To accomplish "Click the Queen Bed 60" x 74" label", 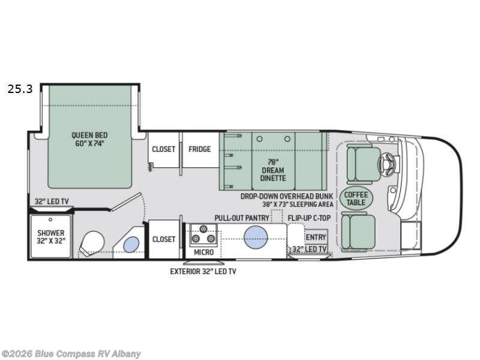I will (x=89, y=139).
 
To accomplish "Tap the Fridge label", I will (x=200, y=149).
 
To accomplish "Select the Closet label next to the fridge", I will (x=163, y=149).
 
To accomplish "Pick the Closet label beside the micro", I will (x=163, y=239).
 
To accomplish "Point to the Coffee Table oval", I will (x=356, y=198).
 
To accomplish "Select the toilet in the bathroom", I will (x=93, y=243).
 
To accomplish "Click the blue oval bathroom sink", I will (x=131, y=244).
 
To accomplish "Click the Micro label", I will (x=203, y=252).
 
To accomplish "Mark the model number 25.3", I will (x=20, y=89).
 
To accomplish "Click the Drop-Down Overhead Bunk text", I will (x=287, y=196).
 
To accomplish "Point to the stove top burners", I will (x=204, y=233).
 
